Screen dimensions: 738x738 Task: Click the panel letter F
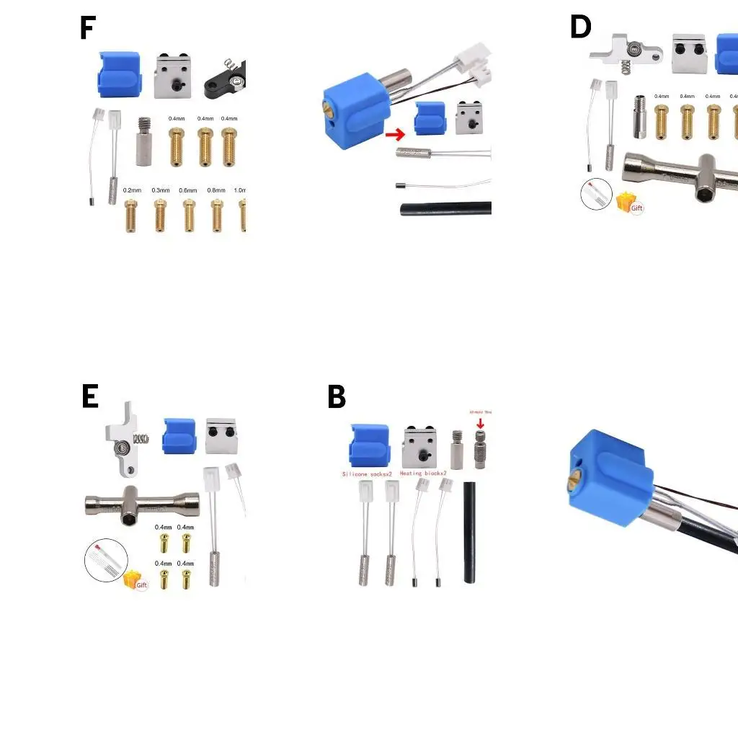click(x=87, y=28)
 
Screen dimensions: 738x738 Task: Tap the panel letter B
click(x=337, y=397)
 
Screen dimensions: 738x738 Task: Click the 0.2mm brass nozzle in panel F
click(x=131, y=215)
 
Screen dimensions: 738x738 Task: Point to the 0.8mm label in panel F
click(x=216, y=190)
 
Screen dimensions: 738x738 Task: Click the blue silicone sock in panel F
click(x=120, y=75)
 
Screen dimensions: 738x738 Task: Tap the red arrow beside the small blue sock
click(x=396, y=134)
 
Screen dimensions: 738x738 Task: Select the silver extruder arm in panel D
click(x=625, y=50)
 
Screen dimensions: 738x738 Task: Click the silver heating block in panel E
click(x=222, y=436)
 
